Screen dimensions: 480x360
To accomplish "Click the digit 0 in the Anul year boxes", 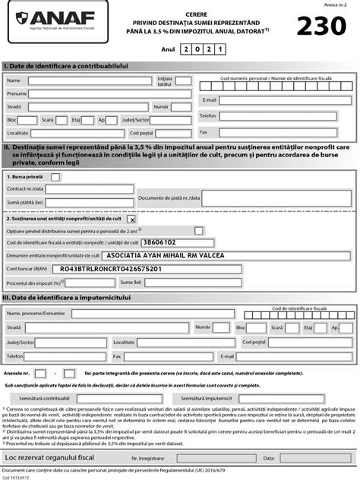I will [199, 49].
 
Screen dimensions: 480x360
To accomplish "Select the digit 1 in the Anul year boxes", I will [223, 49].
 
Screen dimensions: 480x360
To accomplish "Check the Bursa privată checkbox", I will [55, 175].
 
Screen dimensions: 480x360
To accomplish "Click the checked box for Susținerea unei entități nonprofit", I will [131, 219].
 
